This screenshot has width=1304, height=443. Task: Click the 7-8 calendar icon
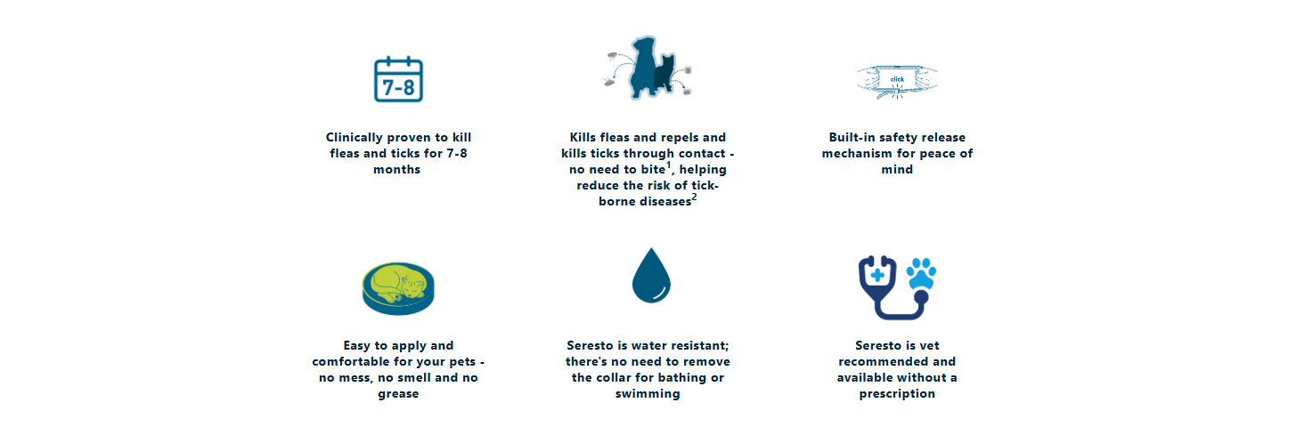398,80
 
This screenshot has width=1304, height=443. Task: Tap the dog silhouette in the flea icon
643,67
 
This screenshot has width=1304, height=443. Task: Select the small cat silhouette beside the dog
664,74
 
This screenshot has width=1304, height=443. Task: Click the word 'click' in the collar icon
897,79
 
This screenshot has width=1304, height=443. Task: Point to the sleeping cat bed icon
398,288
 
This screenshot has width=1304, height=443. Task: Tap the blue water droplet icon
651,276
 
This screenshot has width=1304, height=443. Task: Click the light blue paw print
921,273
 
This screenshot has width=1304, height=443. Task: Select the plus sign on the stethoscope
877,274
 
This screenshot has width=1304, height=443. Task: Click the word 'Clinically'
355,138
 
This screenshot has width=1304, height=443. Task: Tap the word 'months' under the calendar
397,169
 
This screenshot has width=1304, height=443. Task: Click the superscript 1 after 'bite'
669,165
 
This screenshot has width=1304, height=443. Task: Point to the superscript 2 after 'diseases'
694,197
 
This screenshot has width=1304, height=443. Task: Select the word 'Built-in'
852,137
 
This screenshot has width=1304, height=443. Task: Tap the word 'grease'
398,394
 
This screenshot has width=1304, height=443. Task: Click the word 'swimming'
648,394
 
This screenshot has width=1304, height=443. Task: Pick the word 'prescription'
897,394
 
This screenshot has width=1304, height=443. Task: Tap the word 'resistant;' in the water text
700,345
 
